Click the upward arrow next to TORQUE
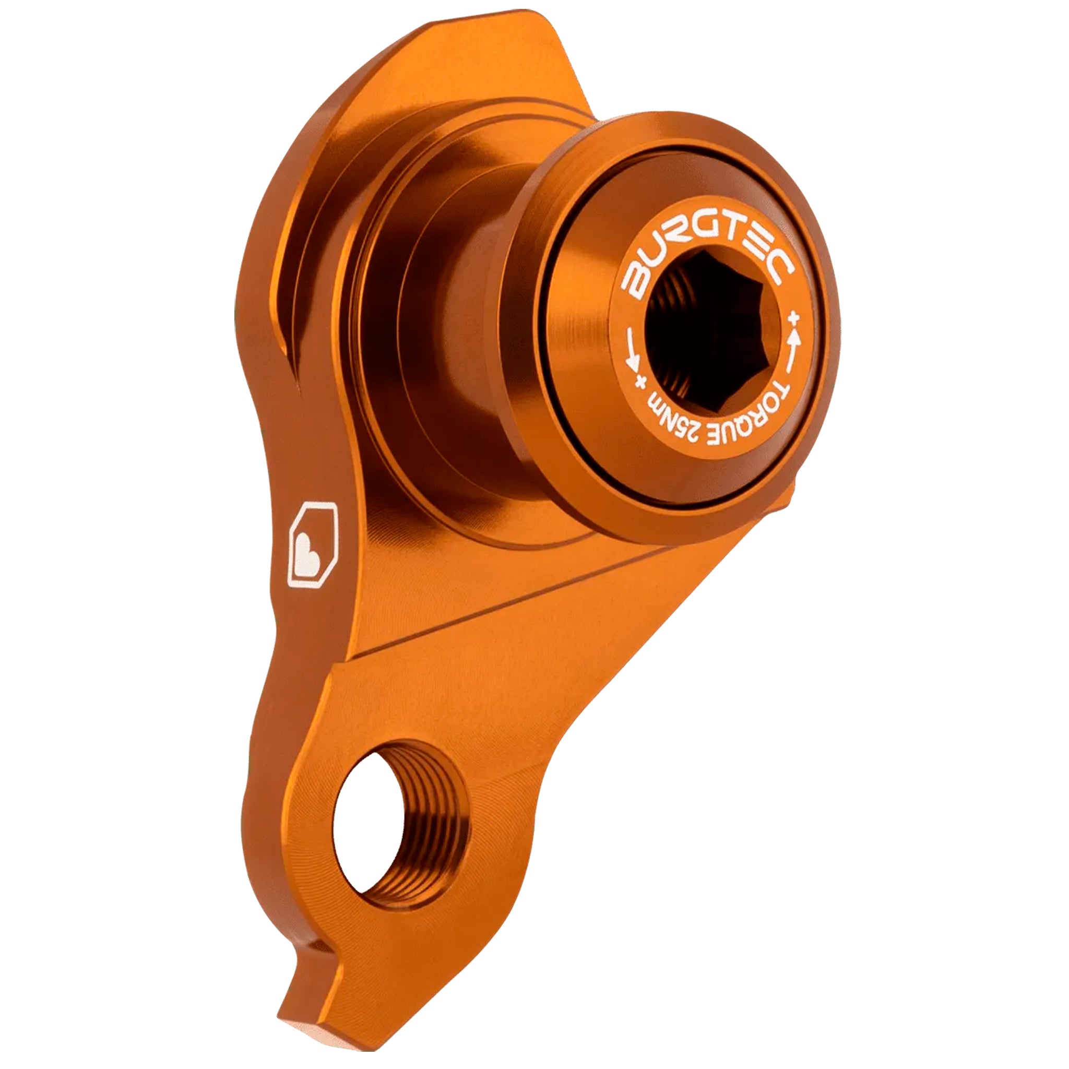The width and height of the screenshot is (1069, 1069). [795, 346]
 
